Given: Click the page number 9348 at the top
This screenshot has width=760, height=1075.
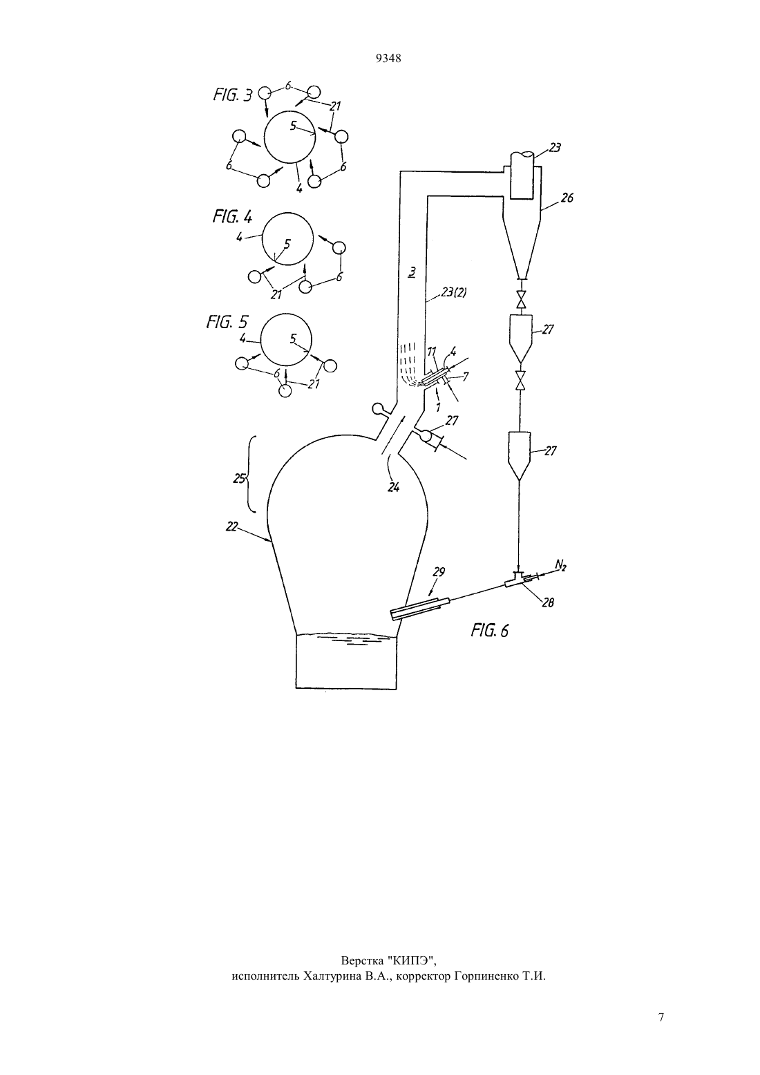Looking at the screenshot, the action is (388, 59).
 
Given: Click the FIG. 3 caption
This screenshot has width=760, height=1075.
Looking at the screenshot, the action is (232, 95).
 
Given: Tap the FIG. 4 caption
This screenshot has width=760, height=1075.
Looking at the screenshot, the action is (232, 217).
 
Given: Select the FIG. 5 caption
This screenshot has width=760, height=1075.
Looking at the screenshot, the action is (227, 321).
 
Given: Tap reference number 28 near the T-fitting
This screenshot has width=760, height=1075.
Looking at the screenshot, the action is (547, 602).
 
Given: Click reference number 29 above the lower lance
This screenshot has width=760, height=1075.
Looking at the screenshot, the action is (439, 571).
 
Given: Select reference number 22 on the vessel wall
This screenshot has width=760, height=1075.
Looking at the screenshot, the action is (231, 527).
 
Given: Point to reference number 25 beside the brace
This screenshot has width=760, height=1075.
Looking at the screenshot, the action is (239, 479).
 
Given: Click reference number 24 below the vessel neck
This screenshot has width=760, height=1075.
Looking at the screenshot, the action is (393, 487).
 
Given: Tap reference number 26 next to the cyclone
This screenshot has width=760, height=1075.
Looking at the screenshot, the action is (567, 197).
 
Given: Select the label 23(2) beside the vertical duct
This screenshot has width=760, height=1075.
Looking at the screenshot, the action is (453, 292).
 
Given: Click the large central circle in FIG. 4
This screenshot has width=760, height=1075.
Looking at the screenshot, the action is (263, 238).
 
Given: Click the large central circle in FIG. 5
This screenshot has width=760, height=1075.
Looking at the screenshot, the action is (260, 340).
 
